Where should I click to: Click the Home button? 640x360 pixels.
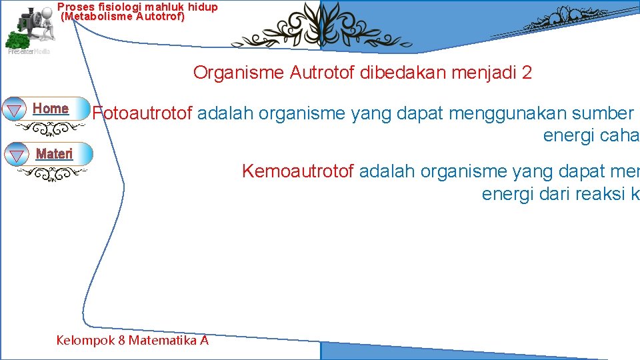pos(51,109)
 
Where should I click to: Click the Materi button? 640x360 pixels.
pos(54,154)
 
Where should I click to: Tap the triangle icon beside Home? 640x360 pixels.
pos(14,110)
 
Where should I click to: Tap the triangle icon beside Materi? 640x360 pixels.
pos(15,156)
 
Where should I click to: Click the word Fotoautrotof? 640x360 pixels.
pos(143,113)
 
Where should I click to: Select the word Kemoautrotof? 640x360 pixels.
pos(297,171)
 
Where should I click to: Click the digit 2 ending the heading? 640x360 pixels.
pos(527,73)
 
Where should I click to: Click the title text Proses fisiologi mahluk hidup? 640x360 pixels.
pos(137,7)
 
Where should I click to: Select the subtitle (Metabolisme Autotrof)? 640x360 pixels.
pos(123,17)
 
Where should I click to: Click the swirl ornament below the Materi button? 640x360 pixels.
pos(52,175)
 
